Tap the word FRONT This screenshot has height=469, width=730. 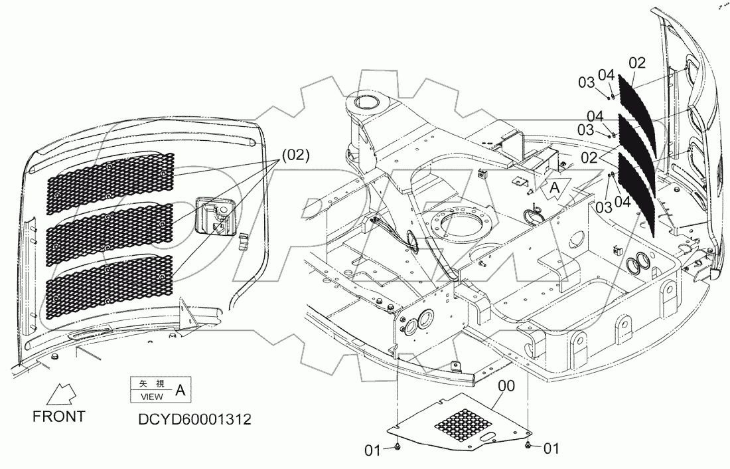[x=58, y=417]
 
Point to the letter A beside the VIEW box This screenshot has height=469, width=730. [x=179, y=391]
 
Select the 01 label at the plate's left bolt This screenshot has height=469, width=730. [x=372, y=451]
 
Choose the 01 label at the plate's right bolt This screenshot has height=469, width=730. [x=551, y=449]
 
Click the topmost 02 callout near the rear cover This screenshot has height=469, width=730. [x=636, y=63]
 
